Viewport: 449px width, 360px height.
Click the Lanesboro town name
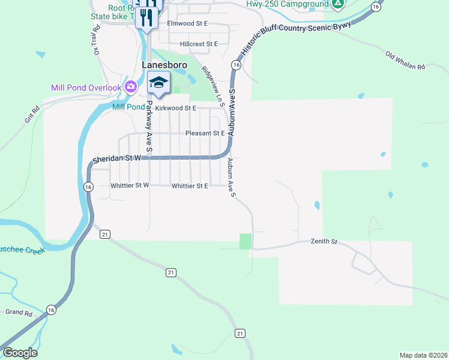(164, 65)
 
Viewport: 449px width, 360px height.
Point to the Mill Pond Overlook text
(86, 88)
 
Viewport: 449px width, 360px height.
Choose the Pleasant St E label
(205, 133)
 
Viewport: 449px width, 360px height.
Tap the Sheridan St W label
(116, 158)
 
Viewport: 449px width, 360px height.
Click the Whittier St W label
(130, 186)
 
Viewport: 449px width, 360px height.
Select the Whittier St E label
(190, 186)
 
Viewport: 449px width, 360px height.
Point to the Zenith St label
(324, 242)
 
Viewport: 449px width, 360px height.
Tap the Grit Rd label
(32, 114)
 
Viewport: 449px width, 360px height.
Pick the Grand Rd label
(19, 313)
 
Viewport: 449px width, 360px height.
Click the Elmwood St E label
(187, 23)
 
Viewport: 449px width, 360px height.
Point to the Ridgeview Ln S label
(213, 86)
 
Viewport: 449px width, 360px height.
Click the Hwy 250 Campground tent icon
(338, 5)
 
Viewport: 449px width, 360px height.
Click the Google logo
(20, 353)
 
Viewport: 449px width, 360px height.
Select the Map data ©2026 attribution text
(423, 355)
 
